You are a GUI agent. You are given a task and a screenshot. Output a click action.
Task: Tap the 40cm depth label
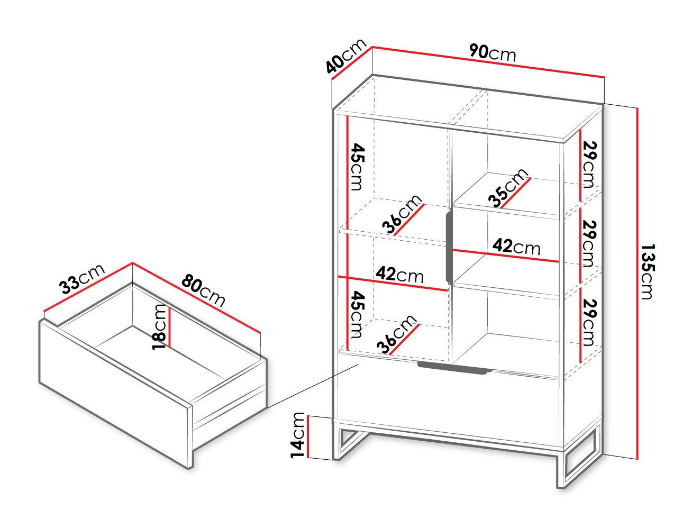[345, 60]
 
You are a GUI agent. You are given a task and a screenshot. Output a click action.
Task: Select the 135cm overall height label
[648, 271]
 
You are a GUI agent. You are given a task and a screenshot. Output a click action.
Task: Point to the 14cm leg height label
[297, 435]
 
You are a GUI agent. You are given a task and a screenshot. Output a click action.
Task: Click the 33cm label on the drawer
[82, 279]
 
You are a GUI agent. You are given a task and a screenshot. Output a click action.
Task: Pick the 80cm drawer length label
[203, 290]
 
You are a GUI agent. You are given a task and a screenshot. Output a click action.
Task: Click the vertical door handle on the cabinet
[449, 247]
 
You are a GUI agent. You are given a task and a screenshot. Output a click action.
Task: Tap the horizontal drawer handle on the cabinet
[454, 368]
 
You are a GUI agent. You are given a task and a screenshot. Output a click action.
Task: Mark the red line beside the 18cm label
[170, 326]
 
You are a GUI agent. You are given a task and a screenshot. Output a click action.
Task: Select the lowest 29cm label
[589, 322]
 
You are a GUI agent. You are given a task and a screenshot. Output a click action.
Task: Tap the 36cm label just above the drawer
[397, 334]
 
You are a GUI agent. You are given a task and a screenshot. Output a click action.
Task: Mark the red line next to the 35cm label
[516, 193]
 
